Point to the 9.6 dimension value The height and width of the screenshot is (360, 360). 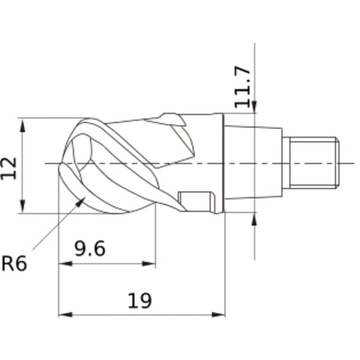coord(91,248)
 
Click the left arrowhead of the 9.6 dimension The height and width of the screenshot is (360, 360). coord(63,264)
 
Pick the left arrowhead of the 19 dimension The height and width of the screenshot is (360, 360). coord(63,315)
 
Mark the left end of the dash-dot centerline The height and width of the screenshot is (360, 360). coord(46,163)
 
